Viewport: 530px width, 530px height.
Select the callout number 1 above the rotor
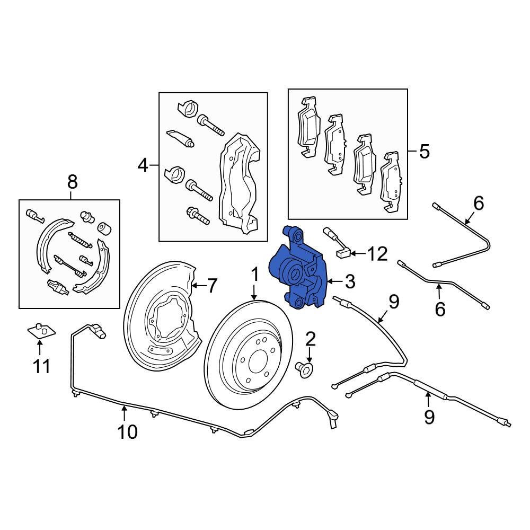[254, 275]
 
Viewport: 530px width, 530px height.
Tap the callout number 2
[310, 338]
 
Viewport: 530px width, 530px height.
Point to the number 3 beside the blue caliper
[350, 282]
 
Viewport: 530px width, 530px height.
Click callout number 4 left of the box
[143, 166]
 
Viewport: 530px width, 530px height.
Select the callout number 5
[424, 152]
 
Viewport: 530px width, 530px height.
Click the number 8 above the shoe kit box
[72, 183]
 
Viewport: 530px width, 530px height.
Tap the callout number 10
[127, 431]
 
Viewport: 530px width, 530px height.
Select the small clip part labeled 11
[41, 331]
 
